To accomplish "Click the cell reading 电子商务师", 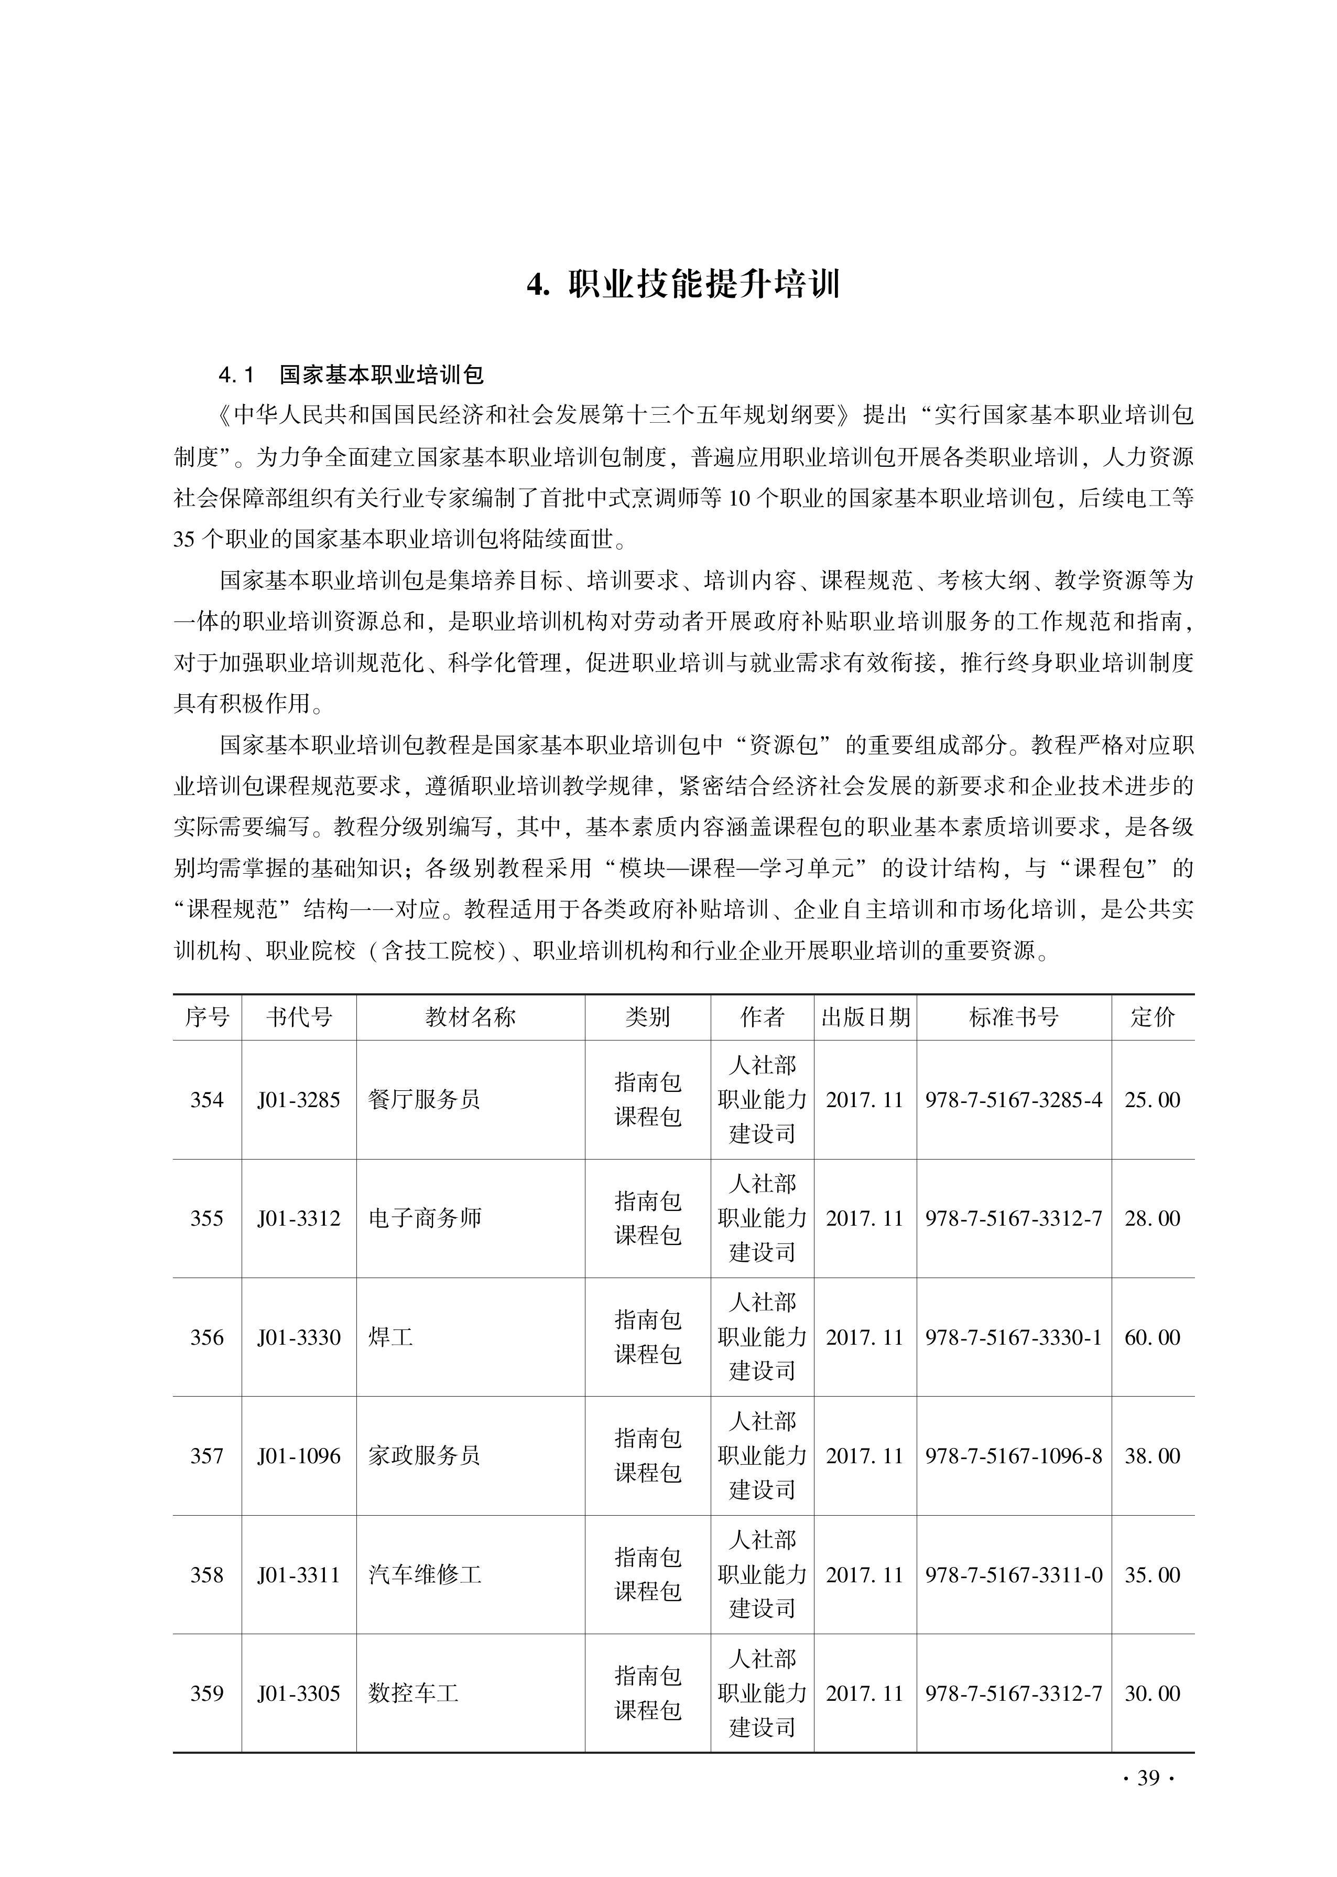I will (x=425, y=1218).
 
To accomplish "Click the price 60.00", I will (x=1152, y=1337).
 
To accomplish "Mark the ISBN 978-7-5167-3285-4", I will (x=1014, y=1100).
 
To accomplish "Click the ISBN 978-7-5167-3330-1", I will (x=1014, y=1337).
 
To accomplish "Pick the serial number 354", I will (x=206, y=1100).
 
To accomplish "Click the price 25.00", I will (x=1152, y=1100).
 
